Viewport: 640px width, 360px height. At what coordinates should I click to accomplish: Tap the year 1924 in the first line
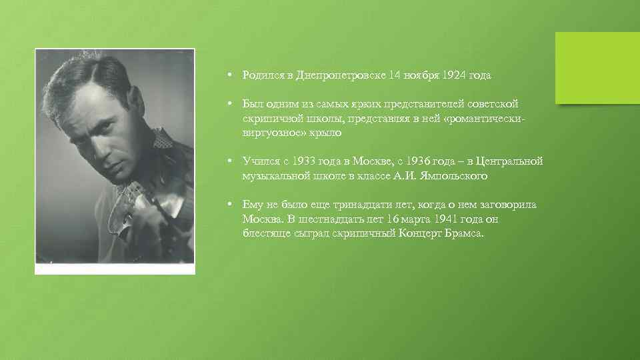456,75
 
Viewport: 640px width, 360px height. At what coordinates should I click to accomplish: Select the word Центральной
507,162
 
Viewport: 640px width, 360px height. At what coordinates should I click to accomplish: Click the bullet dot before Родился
229,75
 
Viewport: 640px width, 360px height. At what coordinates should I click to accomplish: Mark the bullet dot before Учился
229,162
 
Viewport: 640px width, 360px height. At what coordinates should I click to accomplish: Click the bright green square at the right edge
598,68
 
